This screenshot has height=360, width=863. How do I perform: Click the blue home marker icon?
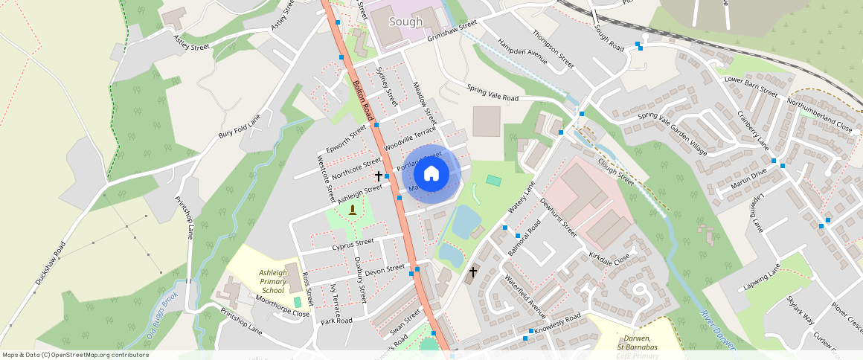431,174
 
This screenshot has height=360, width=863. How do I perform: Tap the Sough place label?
406,22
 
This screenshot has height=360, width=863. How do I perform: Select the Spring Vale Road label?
493,93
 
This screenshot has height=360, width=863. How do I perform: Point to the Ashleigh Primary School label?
272,281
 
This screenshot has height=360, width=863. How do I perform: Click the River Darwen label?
716,328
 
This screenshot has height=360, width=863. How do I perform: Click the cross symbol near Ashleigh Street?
379,176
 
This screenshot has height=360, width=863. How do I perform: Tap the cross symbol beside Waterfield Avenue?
472,273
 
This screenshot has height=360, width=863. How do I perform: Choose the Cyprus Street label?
353,243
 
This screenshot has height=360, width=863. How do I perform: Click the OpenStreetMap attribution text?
75,355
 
